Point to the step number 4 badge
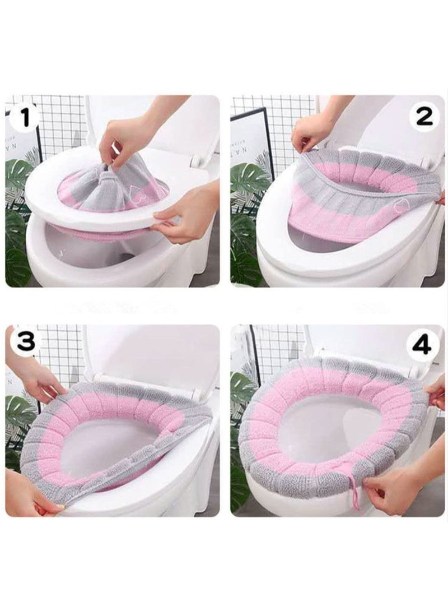[421, 344]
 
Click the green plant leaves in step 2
[246, 224]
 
